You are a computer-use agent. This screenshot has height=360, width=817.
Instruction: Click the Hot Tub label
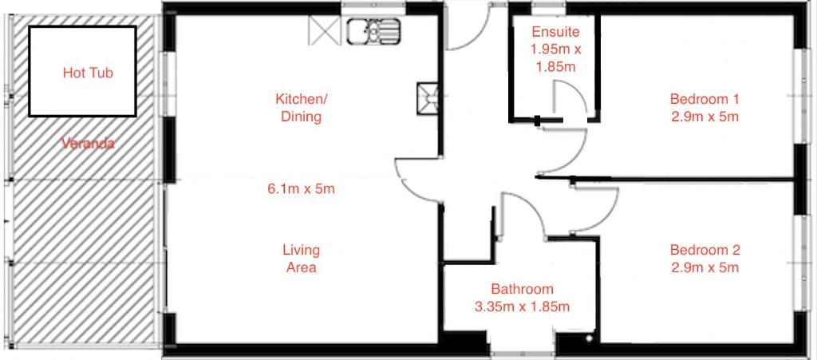[88, 73]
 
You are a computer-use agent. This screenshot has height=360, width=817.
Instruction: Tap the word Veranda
[88, 143]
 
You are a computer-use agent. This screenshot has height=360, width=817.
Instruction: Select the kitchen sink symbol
[373, 31]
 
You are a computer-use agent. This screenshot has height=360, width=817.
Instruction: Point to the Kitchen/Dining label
[301, 107]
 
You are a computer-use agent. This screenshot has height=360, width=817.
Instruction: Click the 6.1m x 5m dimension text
[301, 188]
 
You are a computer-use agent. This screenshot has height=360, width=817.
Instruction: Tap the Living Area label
[301, 259]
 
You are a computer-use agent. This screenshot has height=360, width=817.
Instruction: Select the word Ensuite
[555, 32]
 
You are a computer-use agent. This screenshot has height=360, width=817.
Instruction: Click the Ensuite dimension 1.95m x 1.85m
[555, 57]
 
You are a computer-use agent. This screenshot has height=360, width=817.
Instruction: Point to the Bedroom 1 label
[705, 98]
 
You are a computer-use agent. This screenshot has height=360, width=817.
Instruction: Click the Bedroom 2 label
[705, 250]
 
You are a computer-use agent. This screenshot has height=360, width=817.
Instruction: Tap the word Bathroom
[522, 289]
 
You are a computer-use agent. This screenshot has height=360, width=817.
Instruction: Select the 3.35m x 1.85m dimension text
[522, 307]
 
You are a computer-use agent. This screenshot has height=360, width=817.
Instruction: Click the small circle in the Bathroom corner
[589, 338]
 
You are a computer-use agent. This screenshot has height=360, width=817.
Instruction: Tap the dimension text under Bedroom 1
[705, 117]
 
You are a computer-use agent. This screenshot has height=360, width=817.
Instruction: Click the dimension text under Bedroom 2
[705, 267]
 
